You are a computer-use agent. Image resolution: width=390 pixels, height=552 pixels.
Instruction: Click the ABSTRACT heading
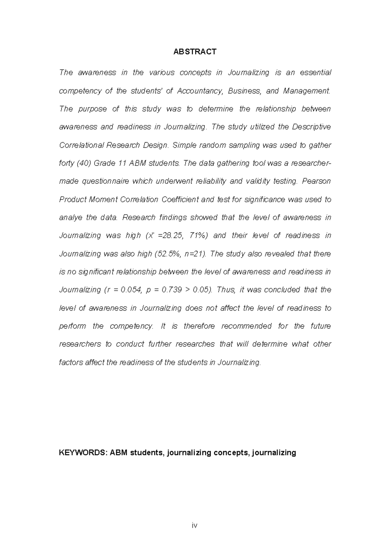[x=194, y=52]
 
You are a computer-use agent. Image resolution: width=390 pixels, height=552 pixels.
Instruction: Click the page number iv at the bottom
[x=194, y=525]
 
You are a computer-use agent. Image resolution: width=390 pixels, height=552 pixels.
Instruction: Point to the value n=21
[x=195, y=254]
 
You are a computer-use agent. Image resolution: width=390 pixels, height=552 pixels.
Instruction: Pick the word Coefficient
[x=180, y=200]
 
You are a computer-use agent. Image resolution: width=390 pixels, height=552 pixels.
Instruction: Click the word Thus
[x=225, y=290]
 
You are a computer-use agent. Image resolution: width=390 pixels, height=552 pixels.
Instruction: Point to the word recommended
[x=246, y=326]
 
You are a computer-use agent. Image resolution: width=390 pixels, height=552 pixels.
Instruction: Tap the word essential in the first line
[x=315, y=73]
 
